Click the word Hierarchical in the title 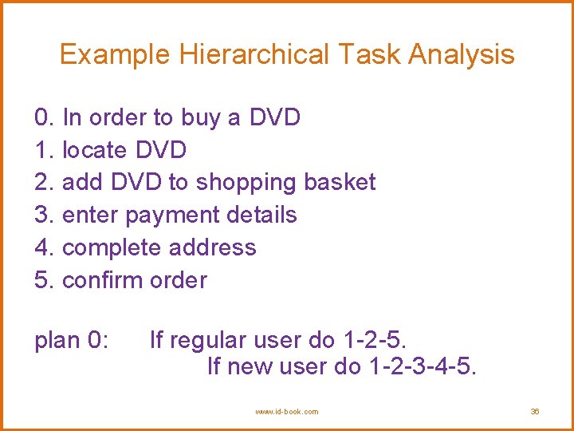coord(254,55)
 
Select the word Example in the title coord(116,55)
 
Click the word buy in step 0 coord(200,118)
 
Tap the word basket coord(340,182)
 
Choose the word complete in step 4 coord(111,247)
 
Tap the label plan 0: coord(71,341)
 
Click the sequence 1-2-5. coord(373,341)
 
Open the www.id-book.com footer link coord(287,412)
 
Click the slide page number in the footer coord(535,412)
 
